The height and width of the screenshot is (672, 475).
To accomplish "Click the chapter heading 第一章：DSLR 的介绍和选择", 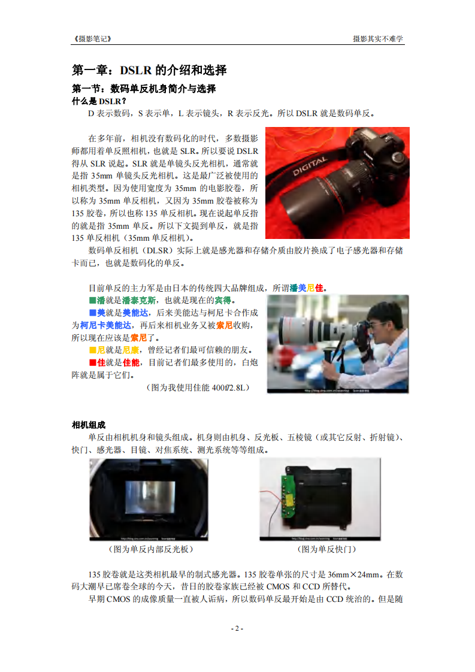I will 149,70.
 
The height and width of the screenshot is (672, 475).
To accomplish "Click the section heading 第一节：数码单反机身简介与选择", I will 144,89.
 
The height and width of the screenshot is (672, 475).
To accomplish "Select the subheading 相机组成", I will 89,425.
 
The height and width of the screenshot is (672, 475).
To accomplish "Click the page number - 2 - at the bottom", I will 237,628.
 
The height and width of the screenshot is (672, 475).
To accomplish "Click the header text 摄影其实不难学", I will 378,38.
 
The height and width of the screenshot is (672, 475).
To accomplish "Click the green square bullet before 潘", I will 92,300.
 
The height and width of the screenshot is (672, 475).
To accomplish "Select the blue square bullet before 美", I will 92,313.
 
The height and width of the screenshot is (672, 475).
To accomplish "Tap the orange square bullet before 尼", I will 92,350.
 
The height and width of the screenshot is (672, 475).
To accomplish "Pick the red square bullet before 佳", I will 92,362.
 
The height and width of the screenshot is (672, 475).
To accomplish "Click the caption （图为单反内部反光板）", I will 150,549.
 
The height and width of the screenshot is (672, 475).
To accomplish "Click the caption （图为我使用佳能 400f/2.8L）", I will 198,388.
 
